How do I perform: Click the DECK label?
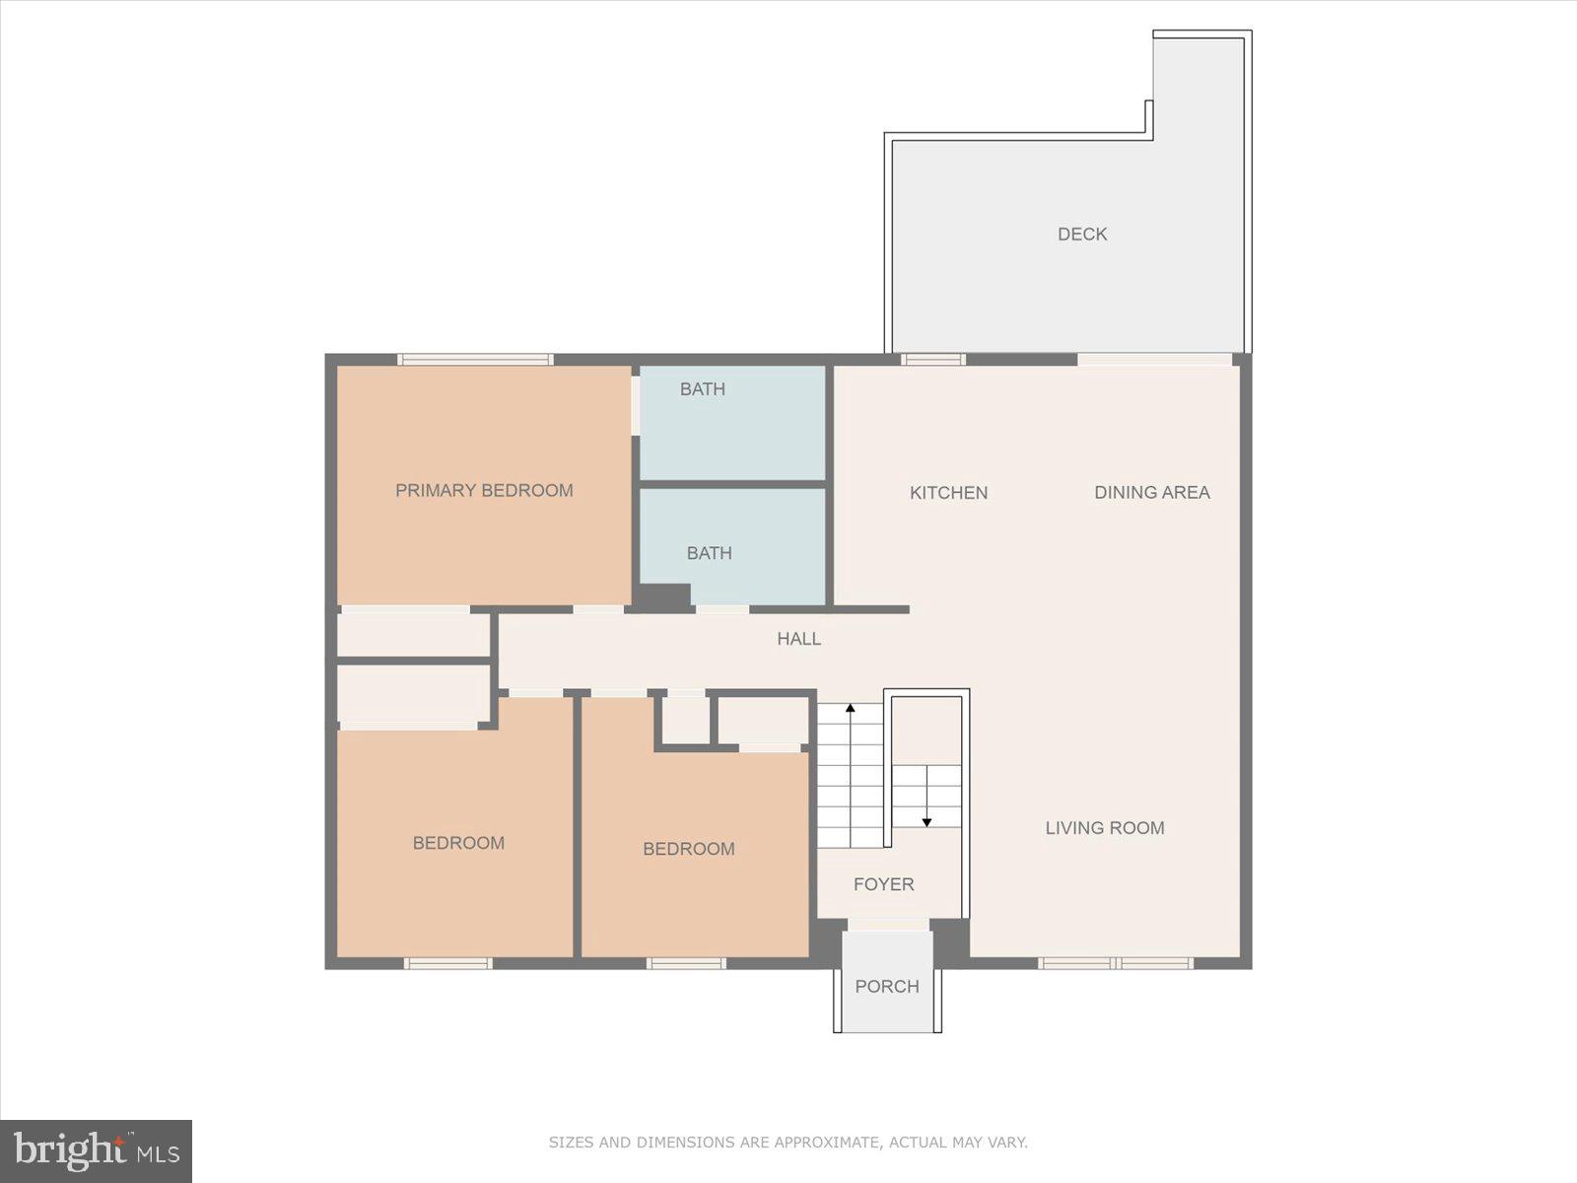tap(1082, 234)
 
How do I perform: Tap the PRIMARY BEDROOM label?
tap(484, 490)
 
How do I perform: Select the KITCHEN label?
tap(948, 492)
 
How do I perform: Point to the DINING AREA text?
tap(1151, 492)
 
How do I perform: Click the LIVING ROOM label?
tap(1105, 828)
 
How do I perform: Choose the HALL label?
tap(798, 639)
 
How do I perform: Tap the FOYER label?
tap(883, 884)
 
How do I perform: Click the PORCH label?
tap(887, 986)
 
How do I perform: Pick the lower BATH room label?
tap(709, 553)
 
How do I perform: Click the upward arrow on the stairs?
tap(851, 709)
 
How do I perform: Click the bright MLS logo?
tap(96, 1150)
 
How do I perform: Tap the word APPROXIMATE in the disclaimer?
tap(826, 1143)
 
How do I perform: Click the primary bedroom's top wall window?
tap(475, 360)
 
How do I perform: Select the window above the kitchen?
tap(932, 360)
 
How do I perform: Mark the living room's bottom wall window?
tap(1115, 962)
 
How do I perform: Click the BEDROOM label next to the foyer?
tap(688, 849)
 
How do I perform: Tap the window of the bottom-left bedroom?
tap(447, 962)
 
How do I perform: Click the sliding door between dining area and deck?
tap(1154, 360)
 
